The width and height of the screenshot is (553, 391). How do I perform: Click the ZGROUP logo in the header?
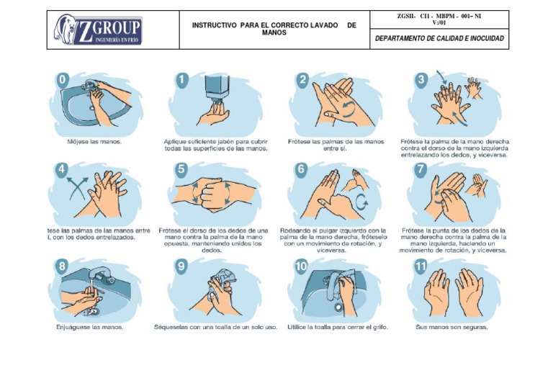pos(97,30)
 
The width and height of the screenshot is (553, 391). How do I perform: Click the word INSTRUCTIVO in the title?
pos(215,25)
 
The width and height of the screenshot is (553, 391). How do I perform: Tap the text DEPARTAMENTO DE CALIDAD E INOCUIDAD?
pos(439,39)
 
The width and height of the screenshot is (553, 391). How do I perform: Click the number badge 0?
pos(63,79)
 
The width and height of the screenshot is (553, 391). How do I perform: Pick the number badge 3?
pos(421,79)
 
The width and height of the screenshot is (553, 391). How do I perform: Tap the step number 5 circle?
pos(181,170)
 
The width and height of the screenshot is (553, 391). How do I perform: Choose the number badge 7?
pos(421,170)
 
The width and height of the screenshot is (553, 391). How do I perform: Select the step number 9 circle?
pos(181,266)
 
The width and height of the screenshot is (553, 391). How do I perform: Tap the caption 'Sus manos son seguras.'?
pos(453,327)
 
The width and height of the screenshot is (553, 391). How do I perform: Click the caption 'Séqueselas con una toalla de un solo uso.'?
pos(215,327)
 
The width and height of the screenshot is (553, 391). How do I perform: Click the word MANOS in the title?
pos(274,33)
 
